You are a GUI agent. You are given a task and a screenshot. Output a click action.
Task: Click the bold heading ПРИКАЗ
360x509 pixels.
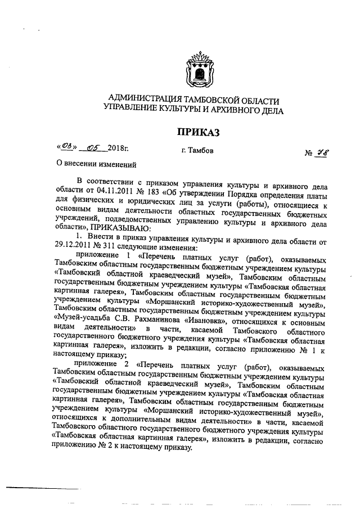point(197,133)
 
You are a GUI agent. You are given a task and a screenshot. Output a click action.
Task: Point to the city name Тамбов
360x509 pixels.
point(197,151)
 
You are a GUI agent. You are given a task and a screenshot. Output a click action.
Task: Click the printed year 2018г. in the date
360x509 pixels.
point(118,148)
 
